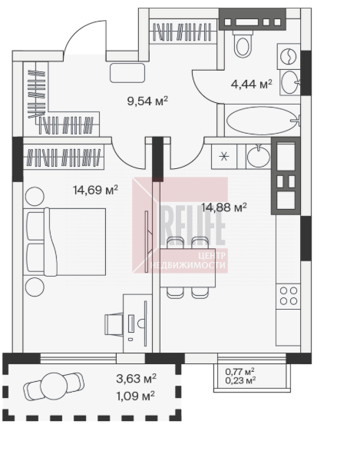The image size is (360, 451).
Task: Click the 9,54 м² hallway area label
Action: click(147, 101)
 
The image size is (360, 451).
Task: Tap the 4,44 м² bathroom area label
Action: click(252, 85)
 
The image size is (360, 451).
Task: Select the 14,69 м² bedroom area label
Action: click(95, 190)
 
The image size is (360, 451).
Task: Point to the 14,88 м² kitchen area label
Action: click(224, 207)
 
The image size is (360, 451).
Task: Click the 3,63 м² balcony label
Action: click(136, 379)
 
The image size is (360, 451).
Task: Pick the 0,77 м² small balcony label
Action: click(240, 371)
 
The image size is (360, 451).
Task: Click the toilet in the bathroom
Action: click(243, 43)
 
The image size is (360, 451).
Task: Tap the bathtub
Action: click(263, 121)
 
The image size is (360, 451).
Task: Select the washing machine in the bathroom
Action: click(289, 56)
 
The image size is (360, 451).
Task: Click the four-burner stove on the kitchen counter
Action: click(288, 296)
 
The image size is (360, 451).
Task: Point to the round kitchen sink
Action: click(258, 157)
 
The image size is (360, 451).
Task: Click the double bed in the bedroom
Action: click(66, 242)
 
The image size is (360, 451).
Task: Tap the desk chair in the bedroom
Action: click(114, 324)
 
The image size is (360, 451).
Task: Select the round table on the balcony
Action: click(54, 386)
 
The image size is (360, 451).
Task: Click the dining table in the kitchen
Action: click(188, 267)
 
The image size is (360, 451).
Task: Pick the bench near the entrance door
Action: click(127, 73)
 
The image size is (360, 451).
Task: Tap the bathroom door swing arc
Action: click(200, 92)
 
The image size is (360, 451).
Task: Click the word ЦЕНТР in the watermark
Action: click(212, 255)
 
